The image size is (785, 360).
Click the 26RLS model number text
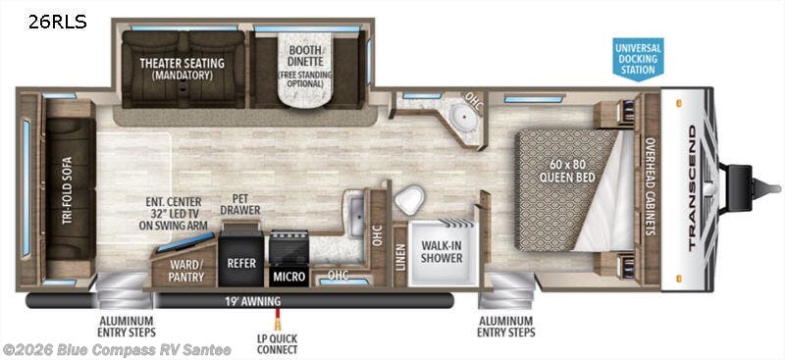[57, 22]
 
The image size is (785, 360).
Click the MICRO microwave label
[288, 277]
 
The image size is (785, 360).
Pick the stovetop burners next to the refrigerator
[288, 245]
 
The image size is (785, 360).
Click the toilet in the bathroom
[409, 201]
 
